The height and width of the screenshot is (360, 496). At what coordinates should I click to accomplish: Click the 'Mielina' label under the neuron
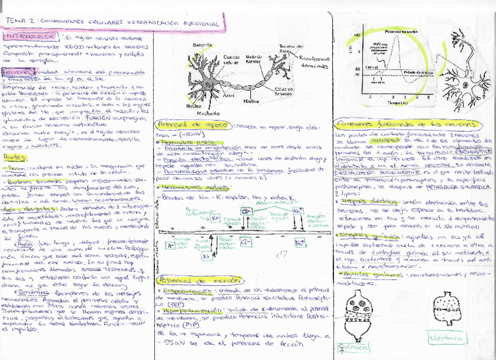[x=251, y=101]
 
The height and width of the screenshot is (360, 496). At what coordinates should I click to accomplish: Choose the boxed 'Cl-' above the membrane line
[x=246, y=210]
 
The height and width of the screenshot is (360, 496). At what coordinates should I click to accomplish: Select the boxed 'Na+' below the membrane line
[x=300, y=241]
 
